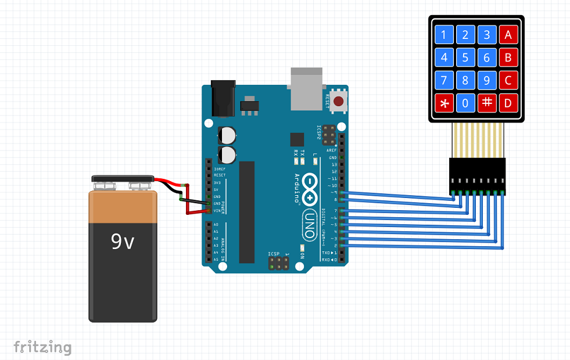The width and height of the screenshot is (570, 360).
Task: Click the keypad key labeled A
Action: point(508,35)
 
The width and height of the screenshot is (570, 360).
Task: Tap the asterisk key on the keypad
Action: point(444,103)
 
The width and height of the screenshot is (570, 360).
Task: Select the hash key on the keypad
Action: point(487,103)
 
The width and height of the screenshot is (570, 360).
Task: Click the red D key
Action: point(508,103)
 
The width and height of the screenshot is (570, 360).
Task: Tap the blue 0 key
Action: point(465,103)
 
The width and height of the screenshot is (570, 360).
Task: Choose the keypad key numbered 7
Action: point(444,80)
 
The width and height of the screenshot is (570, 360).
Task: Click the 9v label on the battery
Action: point(123,241)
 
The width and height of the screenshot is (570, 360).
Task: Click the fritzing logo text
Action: point(42,347)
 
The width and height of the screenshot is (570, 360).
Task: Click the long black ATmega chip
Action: point(247,212)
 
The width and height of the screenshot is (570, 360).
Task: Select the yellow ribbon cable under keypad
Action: point(476,139)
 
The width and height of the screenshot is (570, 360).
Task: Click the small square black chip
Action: point(297,139)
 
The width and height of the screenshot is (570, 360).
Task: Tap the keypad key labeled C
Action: point(508,80)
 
